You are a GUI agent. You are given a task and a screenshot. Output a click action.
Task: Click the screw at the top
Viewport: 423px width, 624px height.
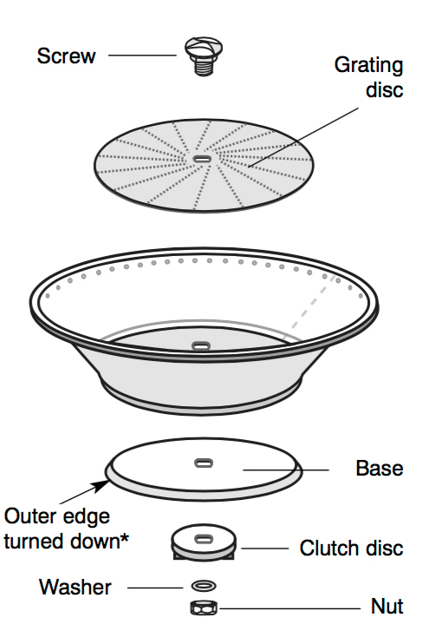pyautogui.click(x=203, y=56)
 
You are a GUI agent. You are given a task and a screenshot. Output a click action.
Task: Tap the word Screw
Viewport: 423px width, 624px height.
pyautogui.click(x=67, y=56)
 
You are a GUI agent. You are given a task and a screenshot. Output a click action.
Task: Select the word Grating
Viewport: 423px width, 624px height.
pyautogui.click(x=368, y=66)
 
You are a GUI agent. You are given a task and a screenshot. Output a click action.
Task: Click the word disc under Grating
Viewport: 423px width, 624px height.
pyautogui.click(x=385, y=90)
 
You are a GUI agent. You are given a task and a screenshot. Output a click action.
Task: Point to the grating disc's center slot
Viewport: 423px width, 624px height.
pyautogui.click(x=202, y=159)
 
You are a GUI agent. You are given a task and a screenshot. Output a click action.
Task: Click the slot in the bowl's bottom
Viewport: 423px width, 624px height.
pyautogui.click(x=202, y=345)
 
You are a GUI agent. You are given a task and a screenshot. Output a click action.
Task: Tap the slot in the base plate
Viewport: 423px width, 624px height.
pyautogui.click(x=204, y=463)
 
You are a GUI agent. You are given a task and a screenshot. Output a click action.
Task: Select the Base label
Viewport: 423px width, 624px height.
pyautogui.click(x=380, y=469)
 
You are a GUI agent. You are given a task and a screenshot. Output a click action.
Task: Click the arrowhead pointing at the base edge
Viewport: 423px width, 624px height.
pyautogui.click(x=101, y=486)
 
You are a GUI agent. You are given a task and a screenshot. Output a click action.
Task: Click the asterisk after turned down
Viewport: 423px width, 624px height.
pyautogui.click(x=125, y=538)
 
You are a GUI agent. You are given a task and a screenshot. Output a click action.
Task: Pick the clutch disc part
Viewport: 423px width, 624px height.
pyautogui.click(x=204, y=542)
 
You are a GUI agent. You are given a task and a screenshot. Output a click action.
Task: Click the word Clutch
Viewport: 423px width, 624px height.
pyautogui.click(x=328, y=548)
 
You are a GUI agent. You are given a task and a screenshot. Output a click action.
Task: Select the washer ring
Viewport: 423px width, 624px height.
pyautogui.click(x=204, y=586)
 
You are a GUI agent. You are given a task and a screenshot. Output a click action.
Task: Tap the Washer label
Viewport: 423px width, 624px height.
pyautogui.click(x=75, y=588)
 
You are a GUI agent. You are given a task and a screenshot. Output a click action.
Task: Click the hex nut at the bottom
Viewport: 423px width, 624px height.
pyautogui.click(x=204, y=608)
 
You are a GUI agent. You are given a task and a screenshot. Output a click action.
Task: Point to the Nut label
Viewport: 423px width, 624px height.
pyautogui.click(x=387, y=607)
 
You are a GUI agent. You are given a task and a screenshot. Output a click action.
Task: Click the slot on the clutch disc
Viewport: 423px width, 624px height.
pyautogui.click(x=204, y=539)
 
